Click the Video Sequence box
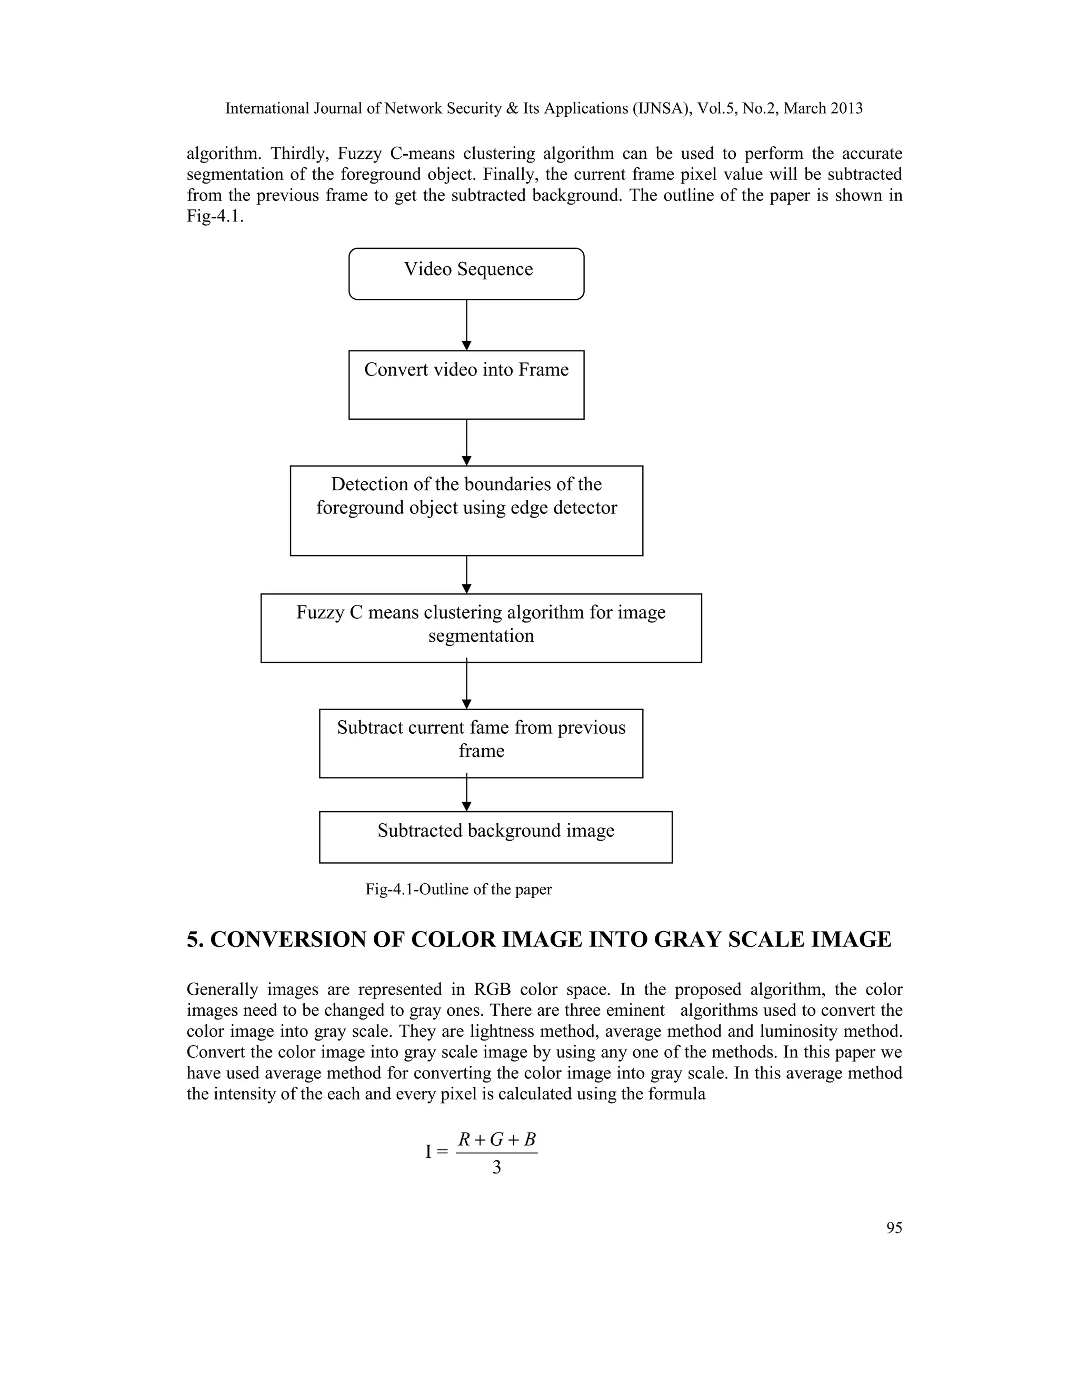click(466, 274)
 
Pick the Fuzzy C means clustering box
click(481, 628)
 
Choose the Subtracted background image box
click(495, 837)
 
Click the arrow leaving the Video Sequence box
click(467, 324)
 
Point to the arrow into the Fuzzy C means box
click(467, 574)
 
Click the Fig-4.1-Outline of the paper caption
click(458, 889)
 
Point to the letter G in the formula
click(497, 1139)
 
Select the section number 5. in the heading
click(195, 940)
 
